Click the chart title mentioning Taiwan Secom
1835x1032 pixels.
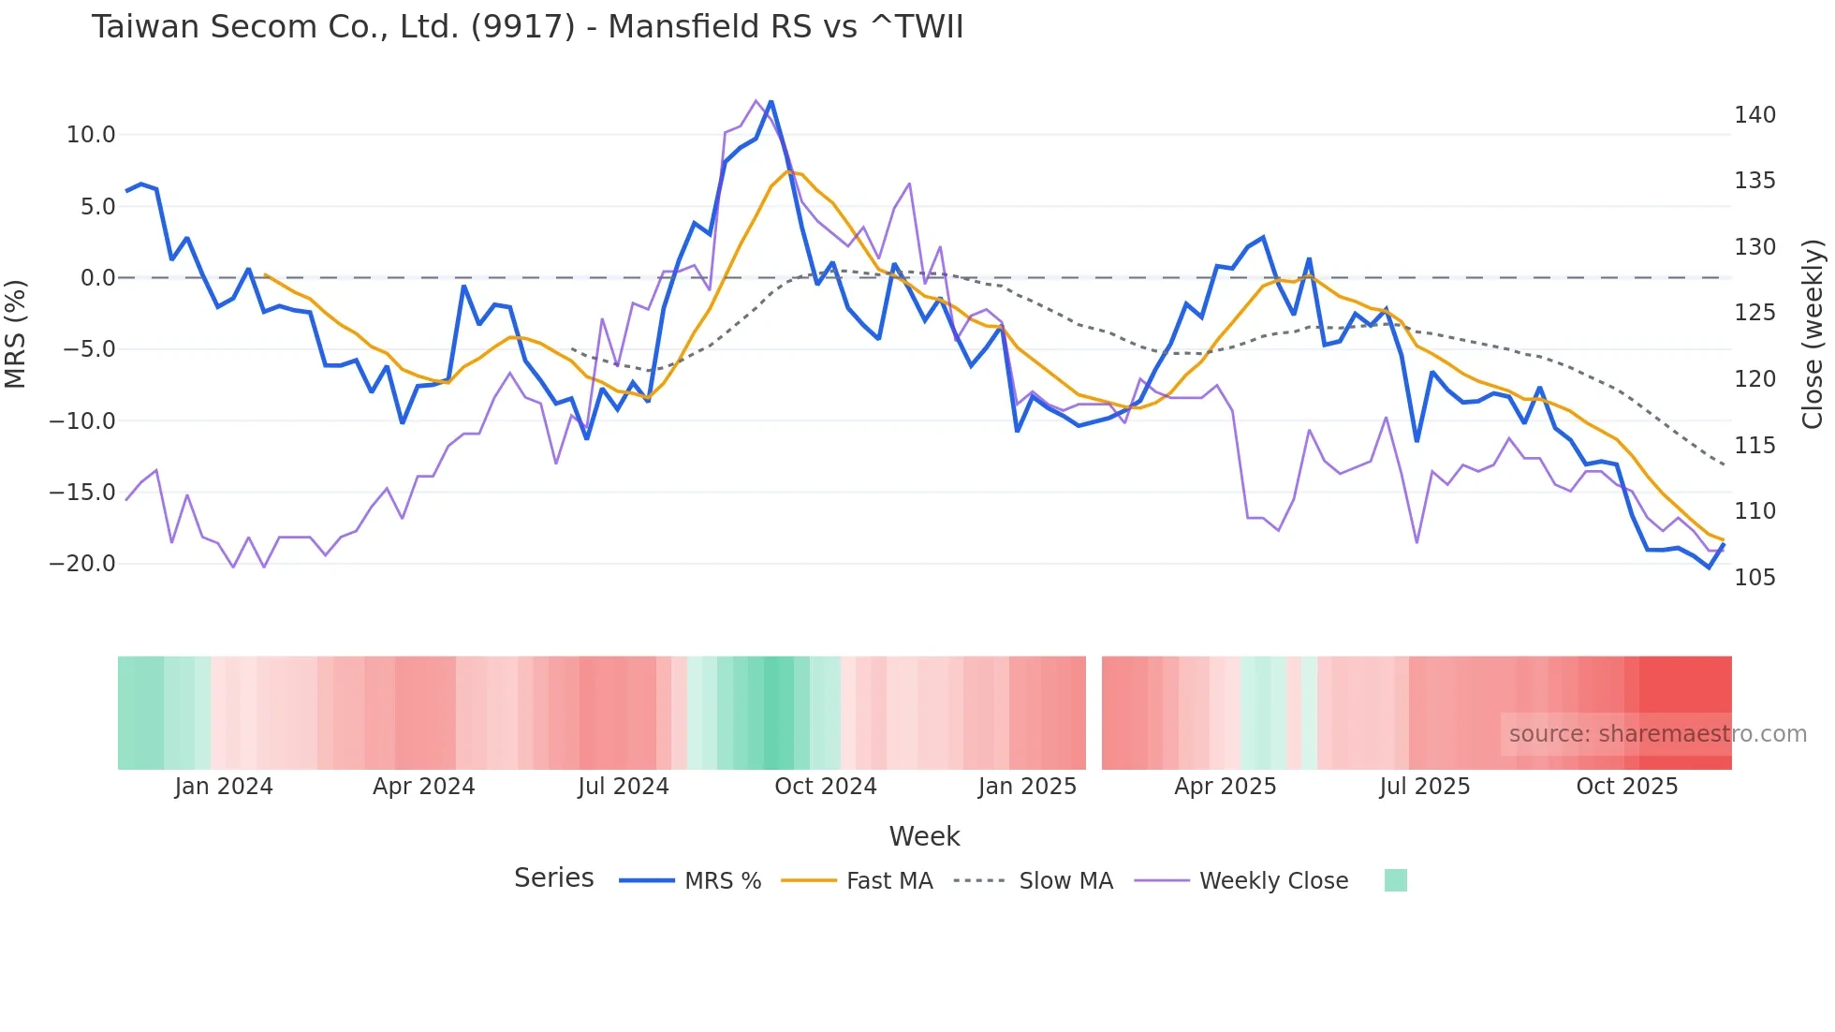[x=527, y=27]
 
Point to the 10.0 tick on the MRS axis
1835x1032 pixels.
[x=91, y=135]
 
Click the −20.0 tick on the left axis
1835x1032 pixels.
[x=83, y=564]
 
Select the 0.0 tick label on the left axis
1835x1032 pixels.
[x=98, y=278]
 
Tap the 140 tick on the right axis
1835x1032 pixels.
[x=1754, y=115]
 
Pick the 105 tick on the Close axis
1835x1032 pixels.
[x=1754, y=578]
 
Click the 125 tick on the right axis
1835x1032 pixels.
[x=1754, y=313]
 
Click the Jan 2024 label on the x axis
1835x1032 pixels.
[x=224, y=787]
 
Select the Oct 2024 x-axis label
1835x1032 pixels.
[x=825, y=787]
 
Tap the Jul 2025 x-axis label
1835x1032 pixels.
[x=1424, y=787]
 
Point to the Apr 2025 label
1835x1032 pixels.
[x=1225, y=787]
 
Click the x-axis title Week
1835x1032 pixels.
[x=924, y=836]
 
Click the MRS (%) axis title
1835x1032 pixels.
[x=15, y=334]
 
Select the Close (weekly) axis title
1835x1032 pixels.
[x=1813, y=334]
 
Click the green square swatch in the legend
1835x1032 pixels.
[x=1395, y=880]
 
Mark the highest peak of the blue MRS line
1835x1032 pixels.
[x=771, y=101]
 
